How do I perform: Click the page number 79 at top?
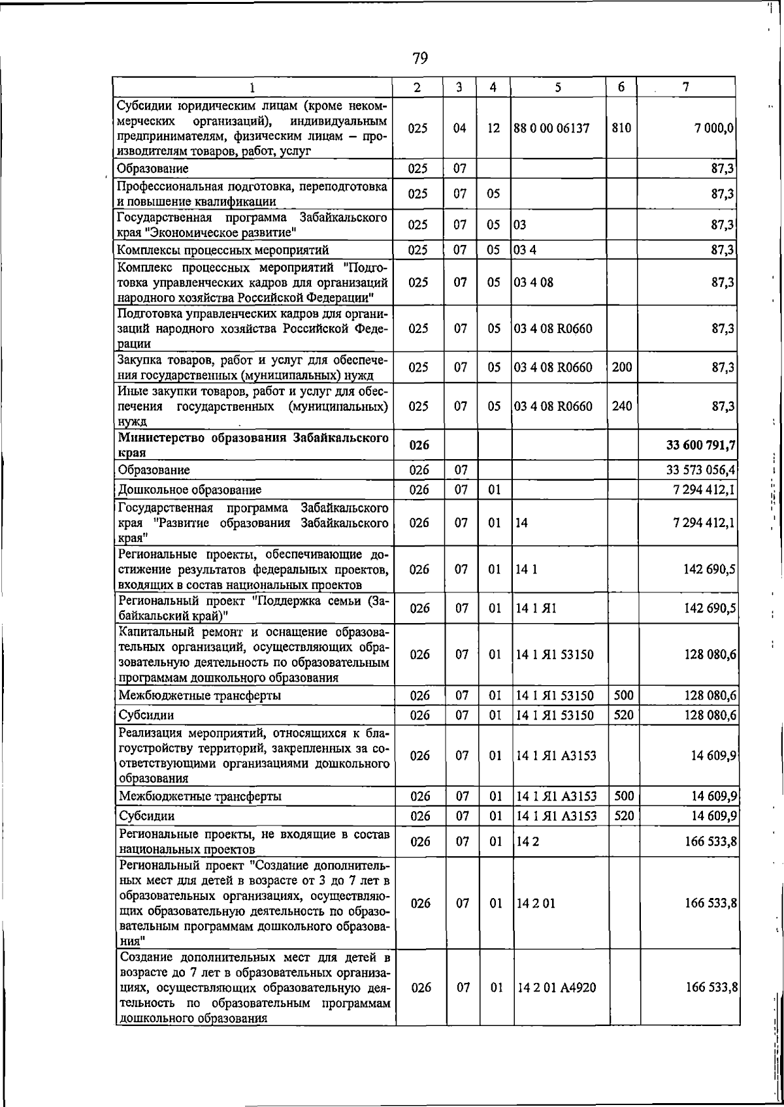(x=420, y=59)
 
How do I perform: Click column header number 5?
(x=559, y=87)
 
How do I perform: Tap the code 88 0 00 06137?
(x=551, y=129)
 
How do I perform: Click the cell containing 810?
(x=621, y=129)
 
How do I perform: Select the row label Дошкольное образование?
(x=189, y=490)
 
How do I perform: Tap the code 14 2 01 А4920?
(x=556, y=987)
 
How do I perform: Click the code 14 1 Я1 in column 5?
(x=536, y=609)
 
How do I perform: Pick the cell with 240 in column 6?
(x=621, y=406)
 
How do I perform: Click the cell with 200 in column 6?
(x=621, y=368)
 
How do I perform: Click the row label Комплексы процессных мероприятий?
(x=222, y=250)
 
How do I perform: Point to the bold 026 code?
(x=419, y=445)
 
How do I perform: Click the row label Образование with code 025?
(x=152, y=168)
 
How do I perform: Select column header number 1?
(x=252, y=88)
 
